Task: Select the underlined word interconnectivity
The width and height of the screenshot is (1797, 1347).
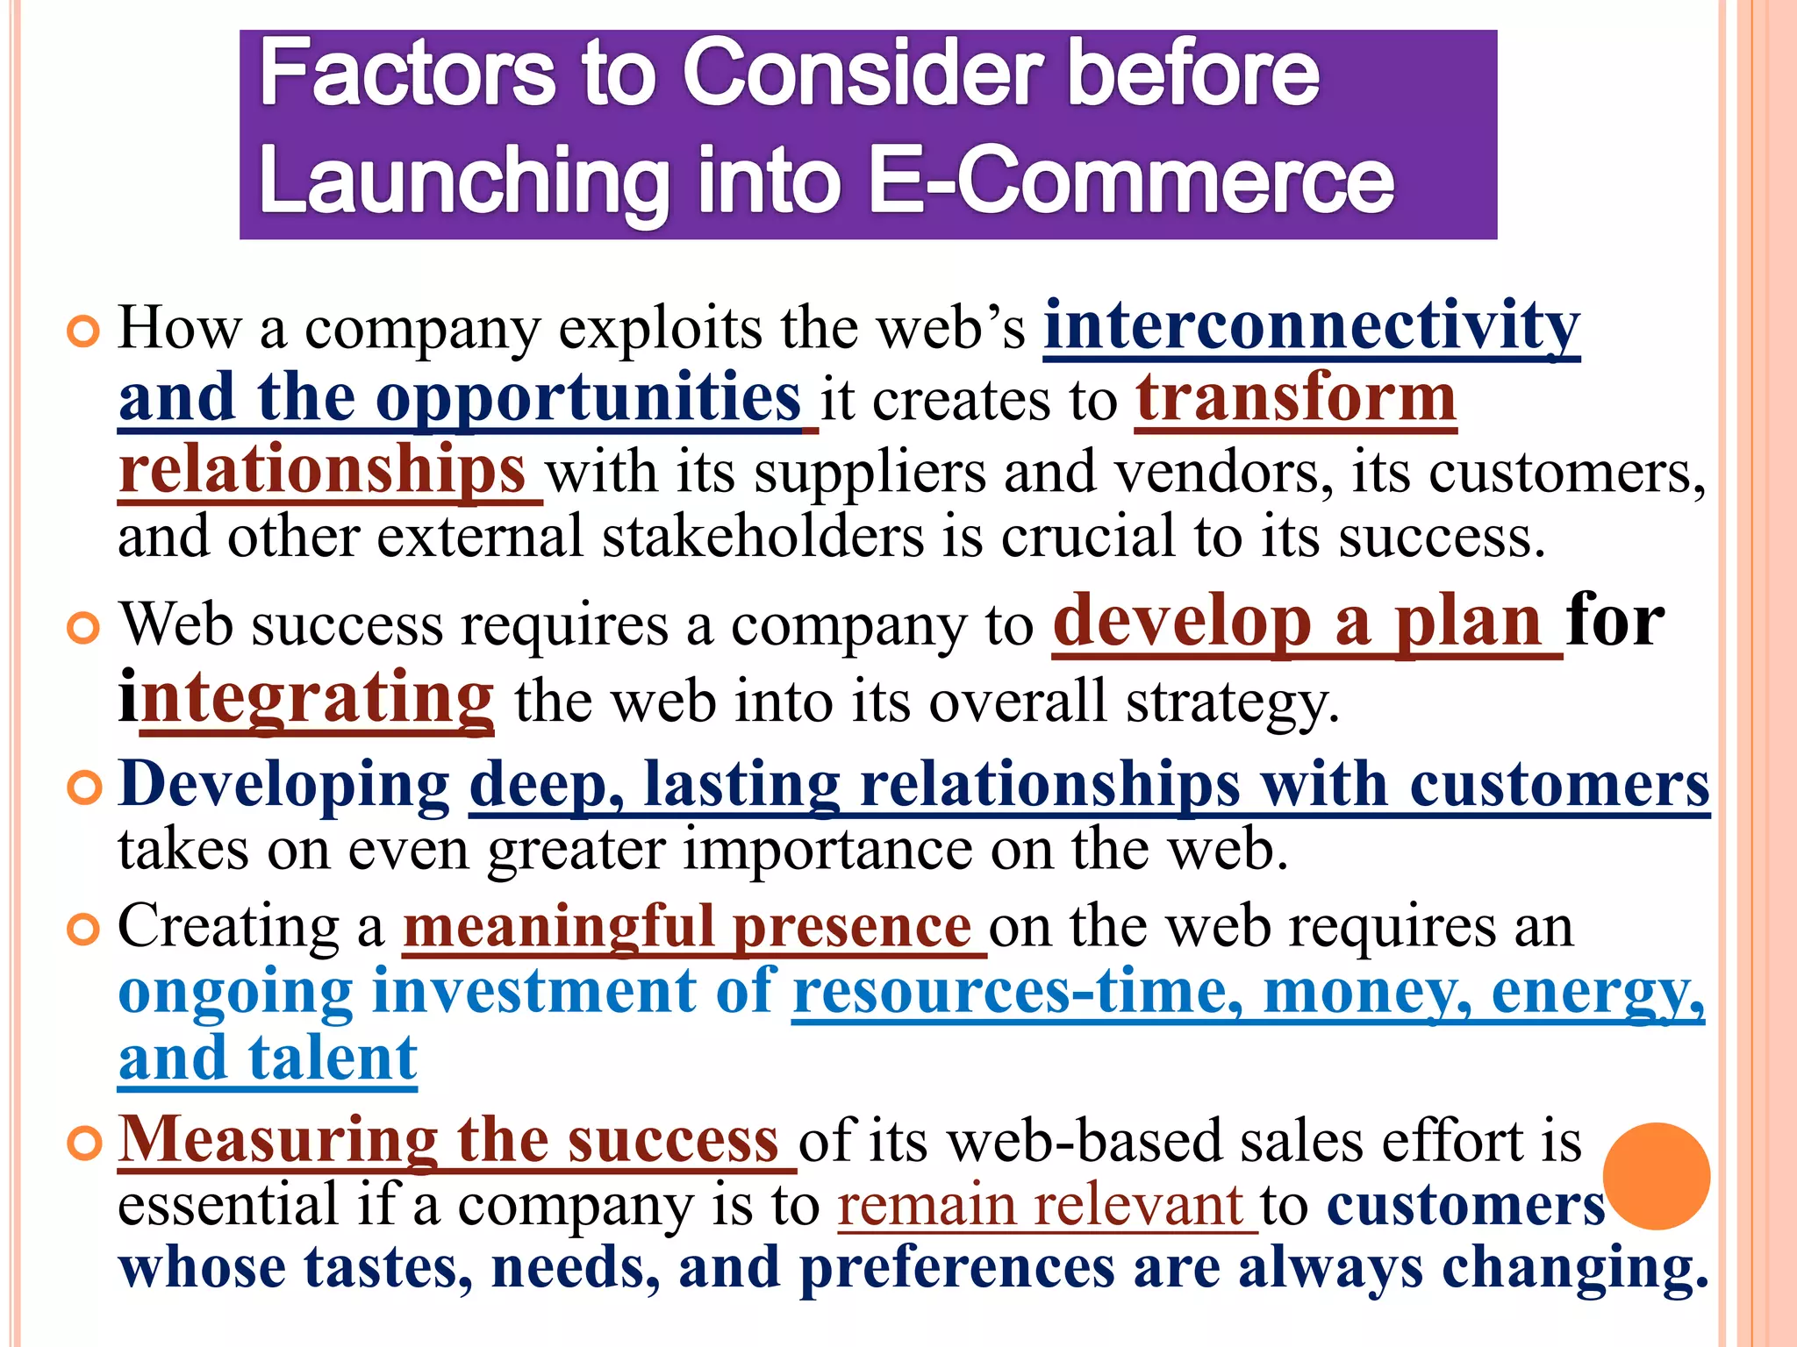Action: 1311,326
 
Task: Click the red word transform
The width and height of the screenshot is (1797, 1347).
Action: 1296,399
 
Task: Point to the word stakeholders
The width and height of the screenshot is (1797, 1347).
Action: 762,537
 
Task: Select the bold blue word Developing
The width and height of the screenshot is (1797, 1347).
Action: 283,783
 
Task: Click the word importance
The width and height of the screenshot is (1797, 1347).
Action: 827,850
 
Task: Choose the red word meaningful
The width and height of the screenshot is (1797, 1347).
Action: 559,926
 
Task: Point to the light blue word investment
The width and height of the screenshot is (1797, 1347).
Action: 533,992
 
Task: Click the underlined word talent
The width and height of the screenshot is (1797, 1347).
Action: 333,1058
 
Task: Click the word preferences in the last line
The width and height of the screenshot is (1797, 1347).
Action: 956,1269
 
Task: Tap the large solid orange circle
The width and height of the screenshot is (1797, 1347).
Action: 1656,1176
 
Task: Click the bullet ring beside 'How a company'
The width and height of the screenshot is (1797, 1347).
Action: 84,332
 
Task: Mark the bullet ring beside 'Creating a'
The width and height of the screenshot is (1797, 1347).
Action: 84,930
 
